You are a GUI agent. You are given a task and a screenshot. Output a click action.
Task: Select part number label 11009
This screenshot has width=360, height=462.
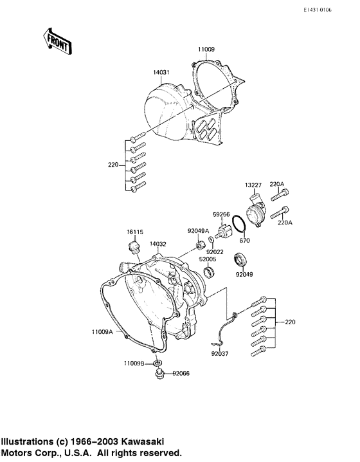point(206,48)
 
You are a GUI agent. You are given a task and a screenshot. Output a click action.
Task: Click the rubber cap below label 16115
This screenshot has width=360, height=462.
point(134,248)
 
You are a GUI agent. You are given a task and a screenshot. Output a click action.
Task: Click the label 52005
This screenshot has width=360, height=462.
point(207,261)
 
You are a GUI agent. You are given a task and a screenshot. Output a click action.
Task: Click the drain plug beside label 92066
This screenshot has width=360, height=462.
point(157,374)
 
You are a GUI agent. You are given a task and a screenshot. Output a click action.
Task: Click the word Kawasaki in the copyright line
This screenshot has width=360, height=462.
point(142,442)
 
